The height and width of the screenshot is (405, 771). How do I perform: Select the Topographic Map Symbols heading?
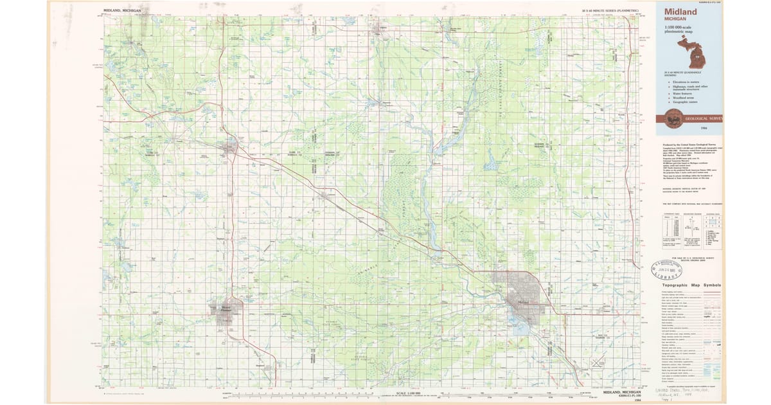click(691, 285)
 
